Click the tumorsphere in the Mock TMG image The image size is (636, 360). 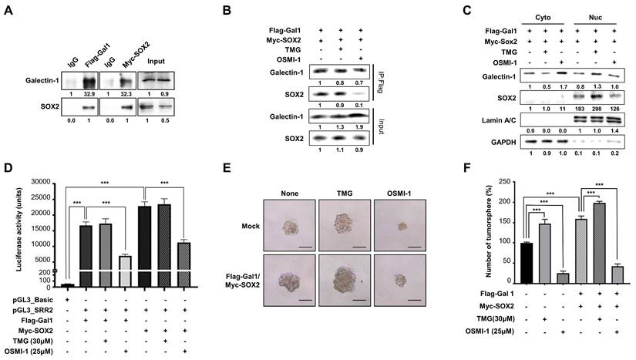[x=345, y=224]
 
